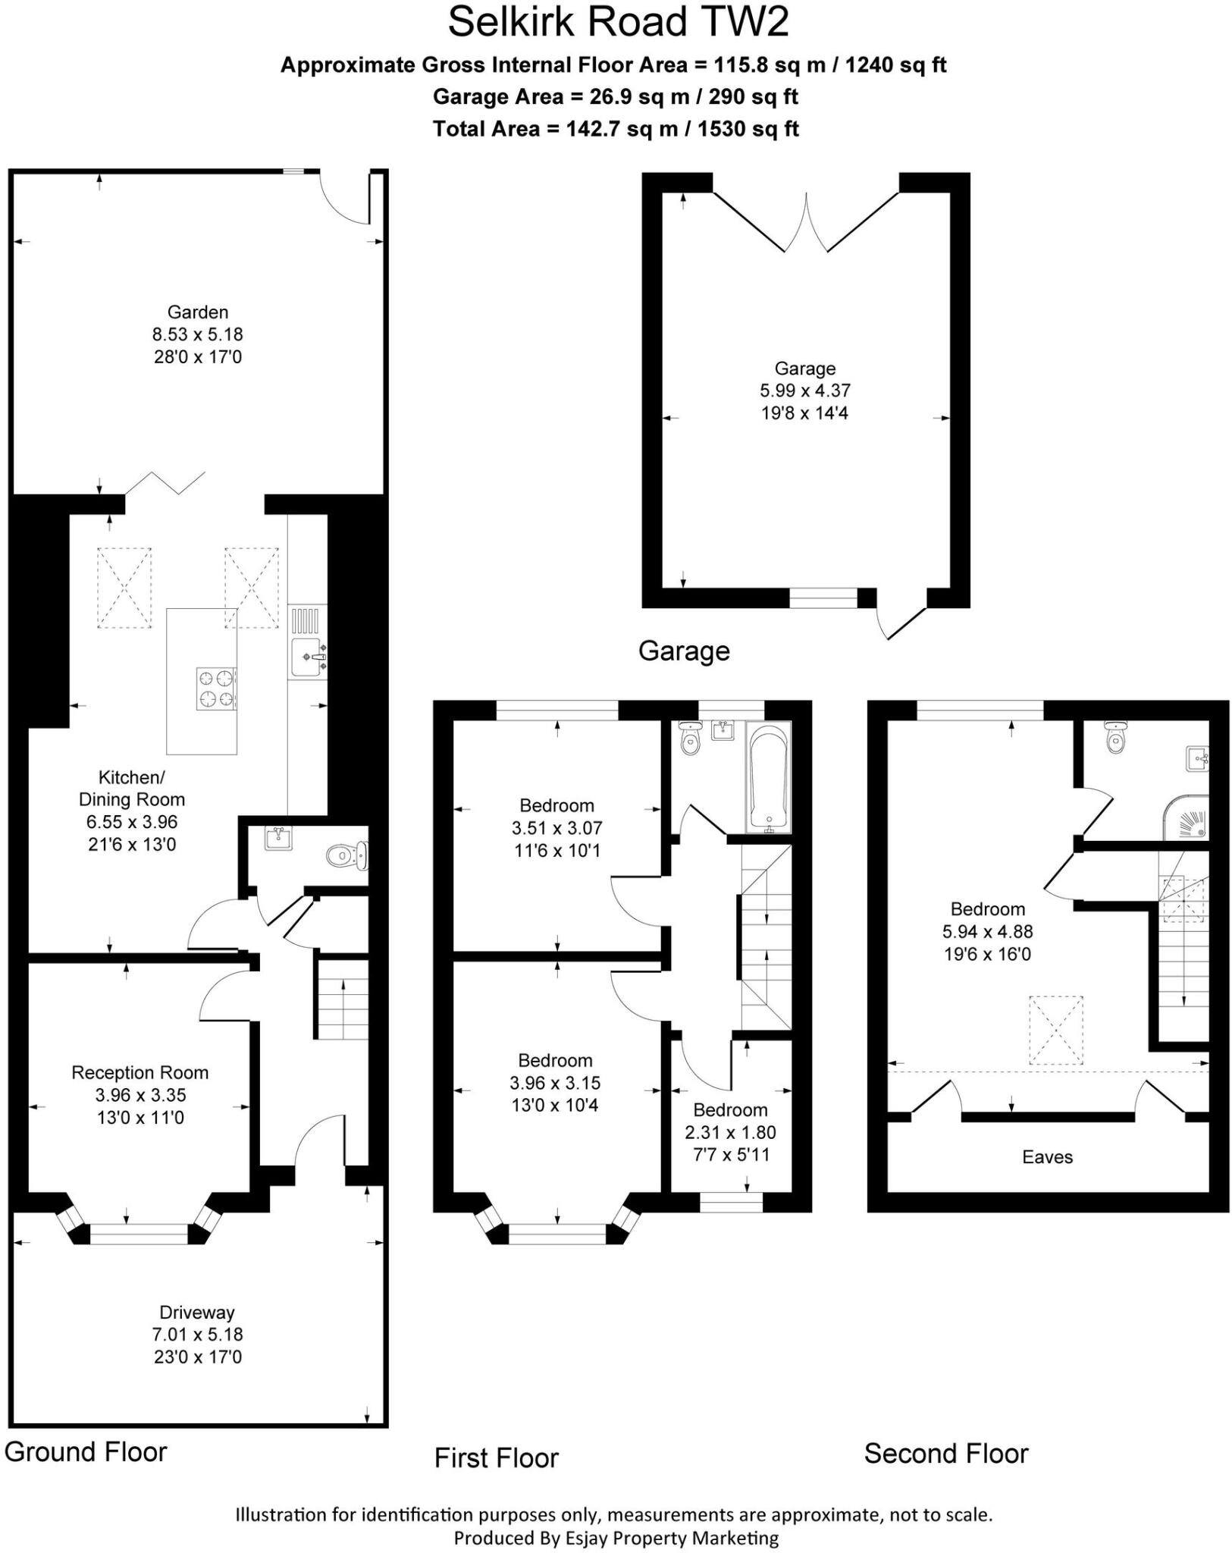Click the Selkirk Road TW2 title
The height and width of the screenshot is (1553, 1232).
[618, 23]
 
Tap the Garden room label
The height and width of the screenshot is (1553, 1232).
[198, 312]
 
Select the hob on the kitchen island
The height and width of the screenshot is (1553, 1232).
[217, 688]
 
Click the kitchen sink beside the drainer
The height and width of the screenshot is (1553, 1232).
[306, 657]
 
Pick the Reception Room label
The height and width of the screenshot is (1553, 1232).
[140, 1073]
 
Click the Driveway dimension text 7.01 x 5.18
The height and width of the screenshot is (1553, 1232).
[198, 1335]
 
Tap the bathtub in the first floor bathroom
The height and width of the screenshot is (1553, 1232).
[769, 777]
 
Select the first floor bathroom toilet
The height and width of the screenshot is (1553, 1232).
[690, 739]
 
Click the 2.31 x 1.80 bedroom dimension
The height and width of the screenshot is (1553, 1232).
[730, 1132]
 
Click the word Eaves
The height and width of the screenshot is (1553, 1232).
[1047, 1157]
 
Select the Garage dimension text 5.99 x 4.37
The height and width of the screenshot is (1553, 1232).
[805, 391]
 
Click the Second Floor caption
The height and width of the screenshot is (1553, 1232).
[946, 1454]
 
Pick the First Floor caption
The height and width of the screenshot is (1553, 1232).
[497, 1457]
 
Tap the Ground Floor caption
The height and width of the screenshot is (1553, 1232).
[86, 1451]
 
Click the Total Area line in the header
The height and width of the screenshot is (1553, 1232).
[616, 129]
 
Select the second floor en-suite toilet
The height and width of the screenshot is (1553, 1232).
[1114, 738]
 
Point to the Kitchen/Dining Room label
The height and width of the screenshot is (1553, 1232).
[132, 789]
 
